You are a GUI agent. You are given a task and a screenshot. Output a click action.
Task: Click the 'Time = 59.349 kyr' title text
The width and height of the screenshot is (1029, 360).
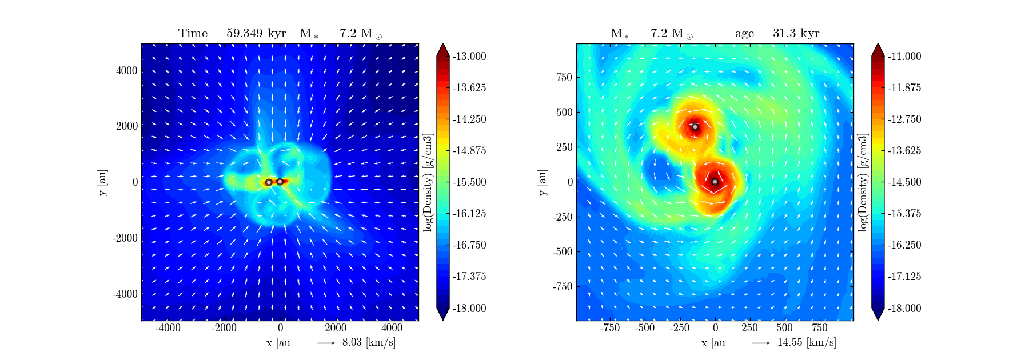(232, 33)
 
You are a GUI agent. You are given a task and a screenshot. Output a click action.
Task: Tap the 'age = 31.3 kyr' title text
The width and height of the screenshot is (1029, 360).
(777, 33)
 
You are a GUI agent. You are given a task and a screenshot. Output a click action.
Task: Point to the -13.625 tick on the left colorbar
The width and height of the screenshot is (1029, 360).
(469, 88)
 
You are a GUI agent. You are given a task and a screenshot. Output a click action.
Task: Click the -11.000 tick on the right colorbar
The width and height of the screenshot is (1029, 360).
(904, 57)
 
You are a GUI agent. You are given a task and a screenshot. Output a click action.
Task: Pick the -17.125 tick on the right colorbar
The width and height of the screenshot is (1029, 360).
(904, 277)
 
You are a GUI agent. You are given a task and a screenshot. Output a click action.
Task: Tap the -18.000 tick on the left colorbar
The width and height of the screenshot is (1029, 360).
(469, 308)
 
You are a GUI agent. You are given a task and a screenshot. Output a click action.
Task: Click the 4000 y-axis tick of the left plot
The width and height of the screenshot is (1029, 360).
(127, 71)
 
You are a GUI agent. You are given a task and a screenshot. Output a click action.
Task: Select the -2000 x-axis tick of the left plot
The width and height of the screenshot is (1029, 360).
(224, 328)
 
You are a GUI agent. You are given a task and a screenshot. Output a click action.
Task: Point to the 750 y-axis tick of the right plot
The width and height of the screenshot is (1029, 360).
(564, 77)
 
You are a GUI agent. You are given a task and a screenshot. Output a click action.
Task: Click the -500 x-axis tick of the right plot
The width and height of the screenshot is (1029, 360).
(645, 328)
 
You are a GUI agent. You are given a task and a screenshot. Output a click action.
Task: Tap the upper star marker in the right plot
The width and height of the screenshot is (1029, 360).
(695, 127)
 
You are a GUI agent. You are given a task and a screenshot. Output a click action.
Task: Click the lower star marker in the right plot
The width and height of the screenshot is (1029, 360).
(715, 182)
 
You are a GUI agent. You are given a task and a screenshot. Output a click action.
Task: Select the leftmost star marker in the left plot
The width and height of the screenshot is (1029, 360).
(269, 182)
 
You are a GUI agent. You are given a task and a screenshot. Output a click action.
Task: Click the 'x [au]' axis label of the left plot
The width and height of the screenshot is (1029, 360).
(280, 343)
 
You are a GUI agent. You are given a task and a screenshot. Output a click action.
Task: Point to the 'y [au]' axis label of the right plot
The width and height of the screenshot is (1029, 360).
(542, 182)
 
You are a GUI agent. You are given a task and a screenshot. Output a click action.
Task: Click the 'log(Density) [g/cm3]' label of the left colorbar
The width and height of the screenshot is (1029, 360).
(428, 182)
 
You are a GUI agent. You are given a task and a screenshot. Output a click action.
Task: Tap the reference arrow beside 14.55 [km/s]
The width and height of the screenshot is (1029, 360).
(761, 343)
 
